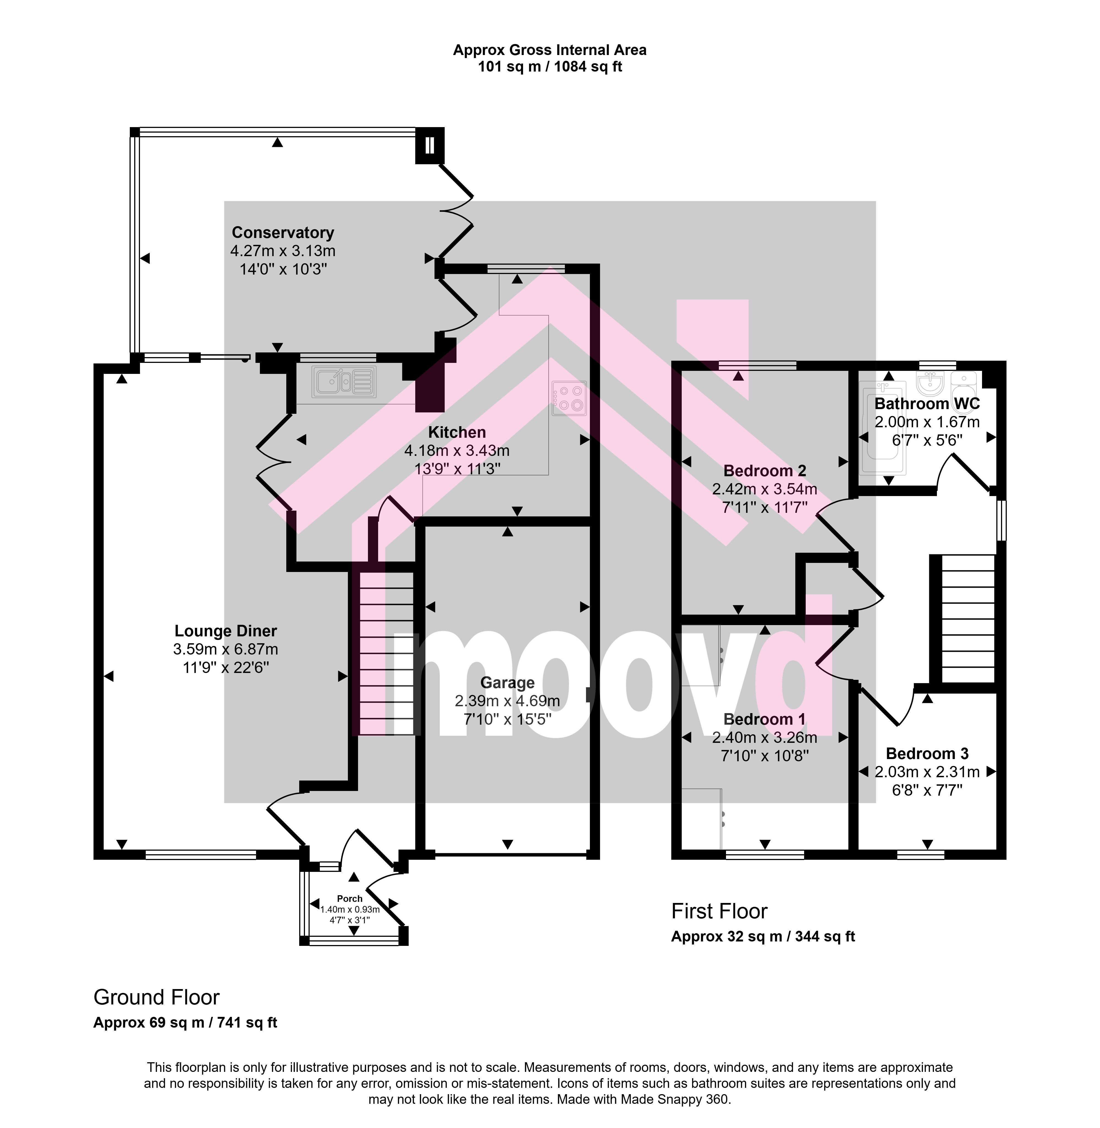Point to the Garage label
pyautogui.click(x=507, y=683)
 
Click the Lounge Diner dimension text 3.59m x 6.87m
pyautogui.click(x=225, y=650)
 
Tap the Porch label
pyautogui.click(x=350, y=899)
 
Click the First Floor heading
pyautogui.click(x=719, y=911)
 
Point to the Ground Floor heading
pyautogui.click(x=156, y=997)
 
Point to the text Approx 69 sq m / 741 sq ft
pyautogui.click(x=185, y=1023)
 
